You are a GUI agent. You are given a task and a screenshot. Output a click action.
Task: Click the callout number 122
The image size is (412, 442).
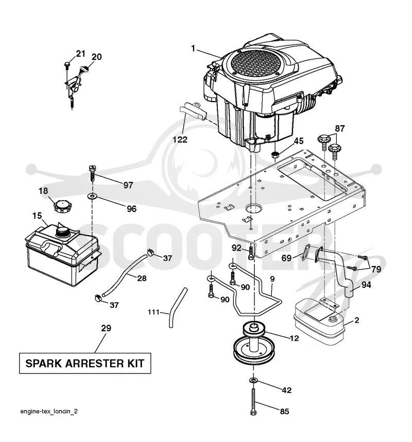coord(180,140)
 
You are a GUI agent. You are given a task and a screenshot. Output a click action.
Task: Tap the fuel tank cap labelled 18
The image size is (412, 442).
coord(62,207)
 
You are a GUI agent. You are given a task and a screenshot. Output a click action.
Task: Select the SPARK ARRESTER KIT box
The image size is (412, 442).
coord(84,363)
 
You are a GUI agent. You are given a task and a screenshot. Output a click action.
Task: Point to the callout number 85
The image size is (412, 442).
coord(284,412)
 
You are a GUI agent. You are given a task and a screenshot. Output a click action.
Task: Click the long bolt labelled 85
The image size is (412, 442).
coord(253,402)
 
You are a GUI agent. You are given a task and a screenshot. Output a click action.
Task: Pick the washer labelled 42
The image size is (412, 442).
coord(253,381)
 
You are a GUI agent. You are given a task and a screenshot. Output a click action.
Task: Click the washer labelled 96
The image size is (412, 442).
coord(92,195)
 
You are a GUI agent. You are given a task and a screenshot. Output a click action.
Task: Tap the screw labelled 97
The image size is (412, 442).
coord(92,173)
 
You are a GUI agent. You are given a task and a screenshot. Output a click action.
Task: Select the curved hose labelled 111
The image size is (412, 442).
coord(177,307)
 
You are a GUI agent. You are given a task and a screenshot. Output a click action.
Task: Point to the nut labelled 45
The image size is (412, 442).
coord(275,155)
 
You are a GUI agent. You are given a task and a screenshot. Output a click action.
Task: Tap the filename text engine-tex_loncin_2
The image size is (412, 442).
coord(49,411)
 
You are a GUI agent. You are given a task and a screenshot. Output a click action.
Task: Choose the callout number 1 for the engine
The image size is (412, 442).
coord(193,48)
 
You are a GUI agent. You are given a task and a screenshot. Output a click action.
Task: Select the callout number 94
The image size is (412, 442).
coord(366,285)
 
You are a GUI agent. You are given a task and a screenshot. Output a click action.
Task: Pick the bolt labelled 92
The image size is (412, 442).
coord(251,253)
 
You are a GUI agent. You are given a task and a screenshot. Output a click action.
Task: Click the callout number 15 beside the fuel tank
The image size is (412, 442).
coord(37,216)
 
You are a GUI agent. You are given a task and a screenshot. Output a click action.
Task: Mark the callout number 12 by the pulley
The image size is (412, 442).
coord(294,338)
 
